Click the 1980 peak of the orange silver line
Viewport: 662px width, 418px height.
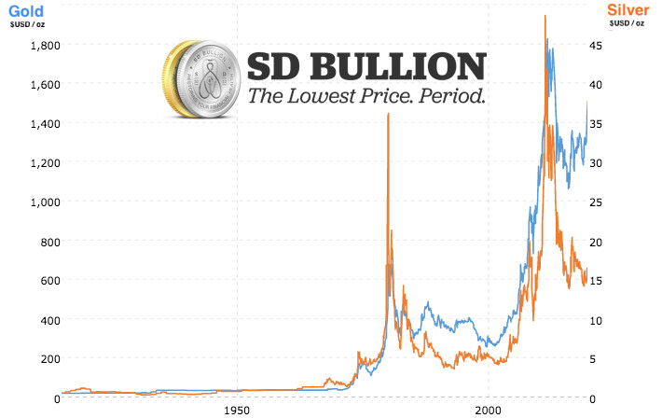(x=388, y=114)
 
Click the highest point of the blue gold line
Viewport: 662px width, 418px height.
(x=546, y=39)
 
